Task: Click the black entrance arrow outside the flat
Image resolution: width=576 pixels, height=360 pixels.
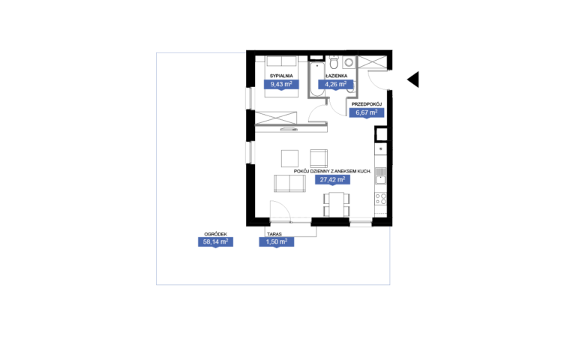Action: (x=414, y=79)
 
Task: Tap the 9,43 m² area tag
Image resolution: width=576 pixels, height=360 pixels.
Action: (x=281, y=85)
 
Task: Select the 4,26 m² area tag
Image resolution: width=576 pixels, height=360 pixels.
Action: (x=335, y=85)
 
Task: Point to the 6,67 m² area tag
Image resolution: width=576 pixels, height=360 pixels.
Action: (x=367, y=112)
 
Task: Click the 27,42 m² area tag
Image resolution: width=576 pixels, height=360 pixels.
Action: (x=332, y=180)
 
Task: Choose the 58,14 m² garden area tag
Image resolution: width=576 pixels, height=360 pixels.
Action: (x=216, y=241)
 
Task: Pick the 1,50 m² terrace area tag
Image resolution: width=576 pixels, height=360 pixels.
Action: (x=277, y=241)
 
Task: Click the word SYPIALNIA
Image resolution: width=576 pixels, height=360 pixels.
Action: (x=281, y=76)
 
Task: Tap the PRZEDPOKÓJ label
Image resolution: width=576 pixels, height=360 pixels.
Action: (x=367, y=104)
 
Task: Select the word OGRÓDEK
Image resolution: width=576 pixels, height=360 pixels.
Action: (x=216, y=234)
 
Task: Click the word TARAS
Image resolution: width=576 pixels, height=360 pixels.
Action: (x=274, y=234)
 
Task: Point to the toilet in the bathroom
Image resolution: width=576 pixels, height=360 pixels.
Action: (x=334, y=62)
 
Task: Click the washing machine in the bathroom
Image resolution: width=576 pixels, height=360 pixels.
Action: (x=349, y=62)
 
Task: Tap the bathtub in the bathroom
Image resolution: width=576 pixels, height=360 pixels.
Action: (x=317, y=79)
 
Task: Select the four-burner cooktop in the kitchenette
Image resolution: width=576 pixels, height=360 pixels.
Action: (x=380, y=199)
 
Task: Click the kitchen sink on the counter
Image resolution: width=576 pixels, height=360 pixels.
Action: (x=380, y=176)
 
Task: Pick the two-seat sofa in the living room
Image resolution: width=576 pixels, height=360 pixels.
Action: (x=289, y=183)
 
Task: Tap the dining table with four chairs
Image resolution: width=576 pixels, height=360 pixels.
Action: (x=337, y=205)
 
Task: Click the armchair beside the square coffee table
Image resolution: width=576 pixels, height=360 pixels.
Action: (x=319, y=158)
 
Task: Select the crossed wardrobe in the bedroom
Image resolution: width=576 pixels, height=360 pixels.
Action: (x=276, y=118)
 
